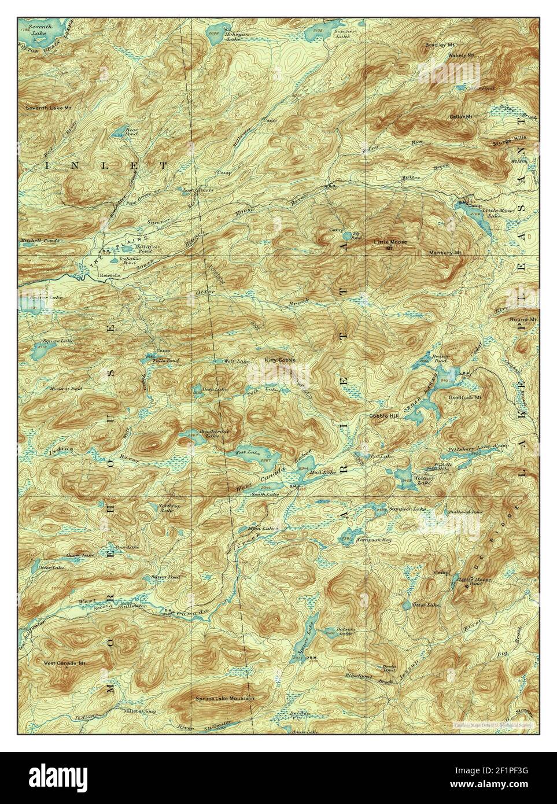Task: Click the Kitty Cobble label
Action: [280, 360]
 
